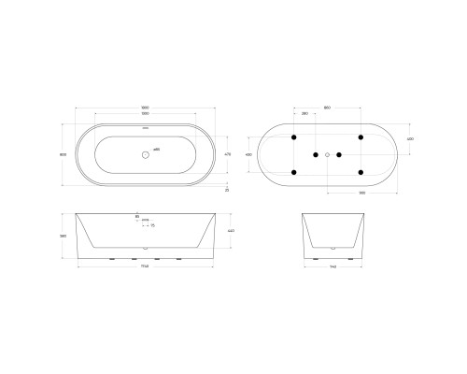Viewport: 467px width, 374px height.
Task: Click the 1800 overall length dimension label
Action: (143, 106)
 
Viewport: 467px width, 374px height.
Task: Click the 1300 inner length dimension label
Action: (143, 112)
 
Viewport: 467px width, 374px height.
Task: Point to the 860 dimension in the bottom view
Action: (327, 106)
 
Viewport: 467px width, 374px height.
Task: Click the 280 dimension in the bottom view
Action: (305, 113)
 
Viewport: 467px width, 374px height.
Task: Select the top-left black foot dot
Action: (294, 136)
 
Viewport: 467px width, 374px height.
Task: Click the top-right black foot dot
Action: (360, 136)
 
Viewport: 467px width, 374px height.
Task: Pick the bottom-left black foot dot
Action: (294, 172)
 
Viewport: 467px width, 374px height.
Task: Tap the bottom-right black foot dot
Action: (360, 172)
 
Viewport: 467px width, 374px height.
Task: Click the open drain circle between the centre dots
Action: (327, 153)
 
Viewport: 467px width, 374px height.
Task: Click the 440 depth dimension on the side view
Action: (231, 231)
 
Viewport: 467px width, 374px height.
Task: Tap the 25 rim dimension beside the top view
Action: (227, 189)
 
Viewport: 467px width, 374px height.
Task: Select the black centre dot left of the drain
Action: (316, 153)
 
